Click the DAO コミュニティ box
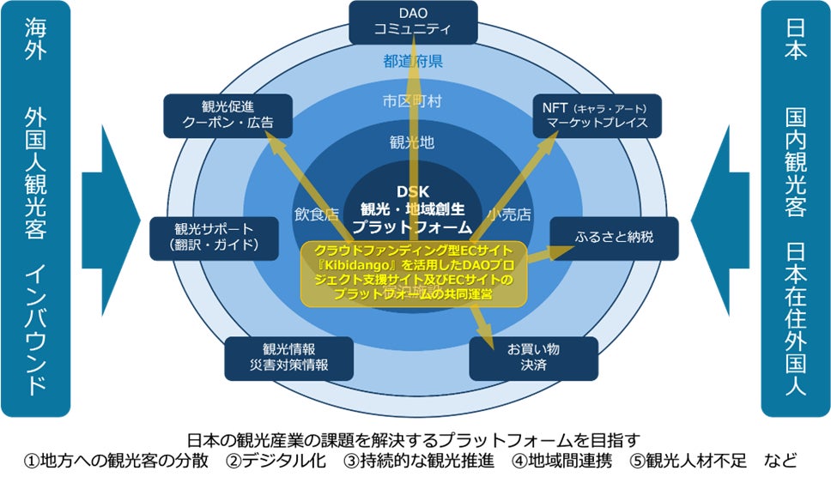[x=413, y=21]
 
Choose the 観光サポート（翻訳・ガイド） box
[x=215, y=238]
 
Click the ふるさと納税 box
[x=614, y=237]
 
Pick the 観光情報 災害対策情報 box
[x=277, y=357]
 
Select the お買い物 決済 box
[x=533, y=357]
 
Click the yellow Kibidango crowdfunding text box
[x=414, y=272]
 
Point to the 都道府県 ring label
[x=413, y=61]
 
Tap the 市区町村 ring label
[x=413, y=101]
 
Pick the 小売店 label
[x=510, y=214]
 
